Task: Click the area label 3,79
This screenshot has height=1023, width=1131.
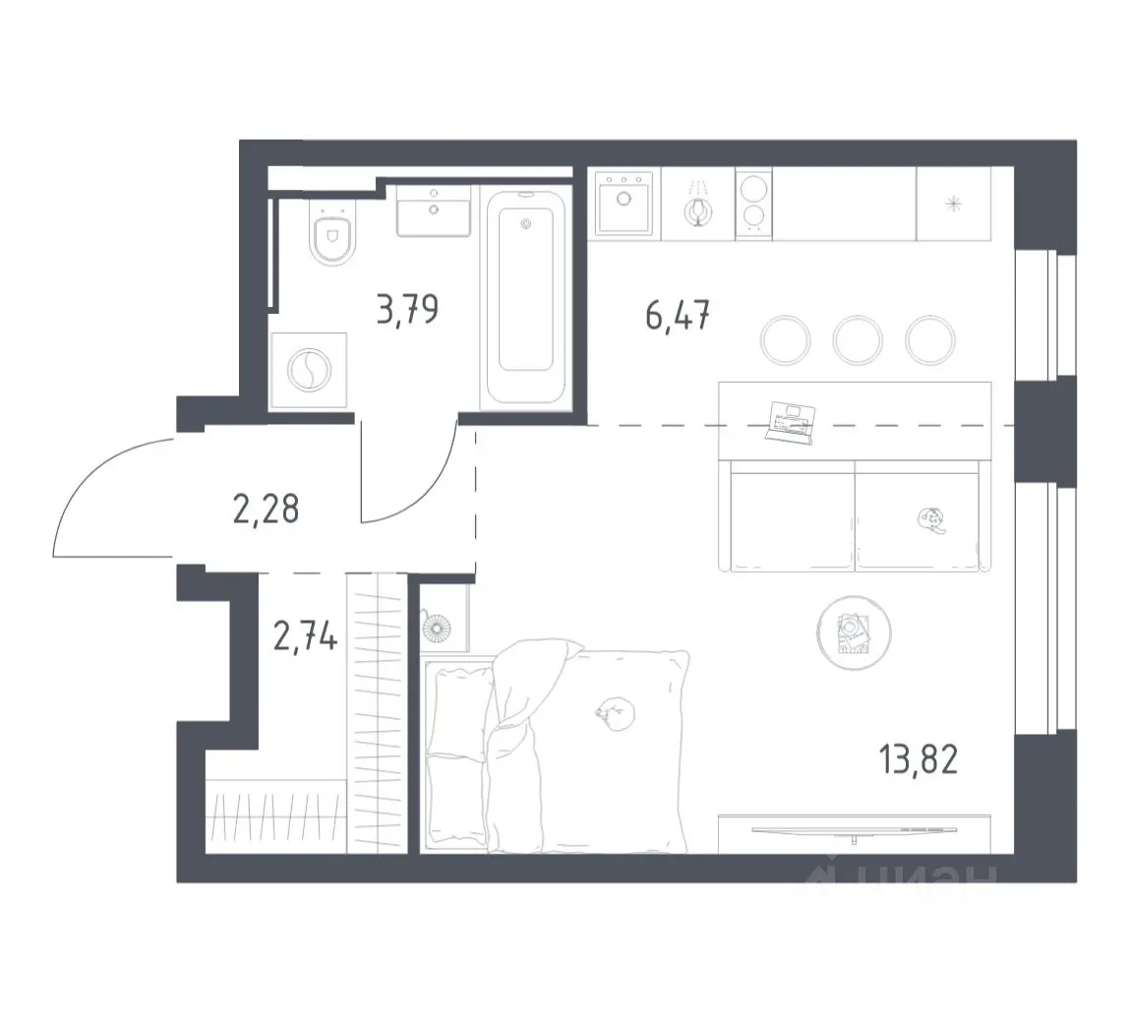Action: tap(407, 310)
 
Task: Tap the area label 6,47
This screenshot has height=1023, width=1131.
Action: tap(678, 316)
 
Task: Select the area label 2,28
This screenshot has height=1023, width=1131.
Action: tap(267, 510)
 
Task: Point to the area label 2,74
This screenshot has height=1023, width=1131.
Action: tap(305, 637)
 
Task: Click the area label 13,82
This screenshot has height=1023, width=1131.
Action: tap(919, 759)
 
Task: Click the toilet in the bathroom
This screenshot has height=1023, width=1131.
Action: tap(332, 232)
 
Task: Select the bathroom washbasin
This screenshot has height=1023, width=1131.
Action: tap(434, 211)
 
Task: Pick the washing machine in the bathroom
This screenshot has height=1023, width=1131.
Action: tap(309, 371)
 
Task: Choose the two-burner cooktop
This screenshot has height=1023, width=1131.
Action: tap(753, 203)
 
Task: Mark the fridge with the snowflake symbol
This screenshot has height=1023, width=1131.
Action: tap(954, 205)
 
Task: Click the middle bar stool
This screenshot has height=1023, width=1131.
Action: tap(858, 339)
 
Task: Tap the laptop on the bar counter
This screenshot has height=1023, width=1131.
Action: tap(792, 422)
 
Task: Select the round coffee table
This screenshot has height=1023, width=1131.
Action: tap(854, 632)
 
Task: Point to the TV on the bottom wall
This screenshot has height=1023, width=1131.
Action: tap(855, 832)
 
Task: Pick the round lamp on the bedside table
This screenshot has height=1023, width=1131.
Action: tap(437, 627)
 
